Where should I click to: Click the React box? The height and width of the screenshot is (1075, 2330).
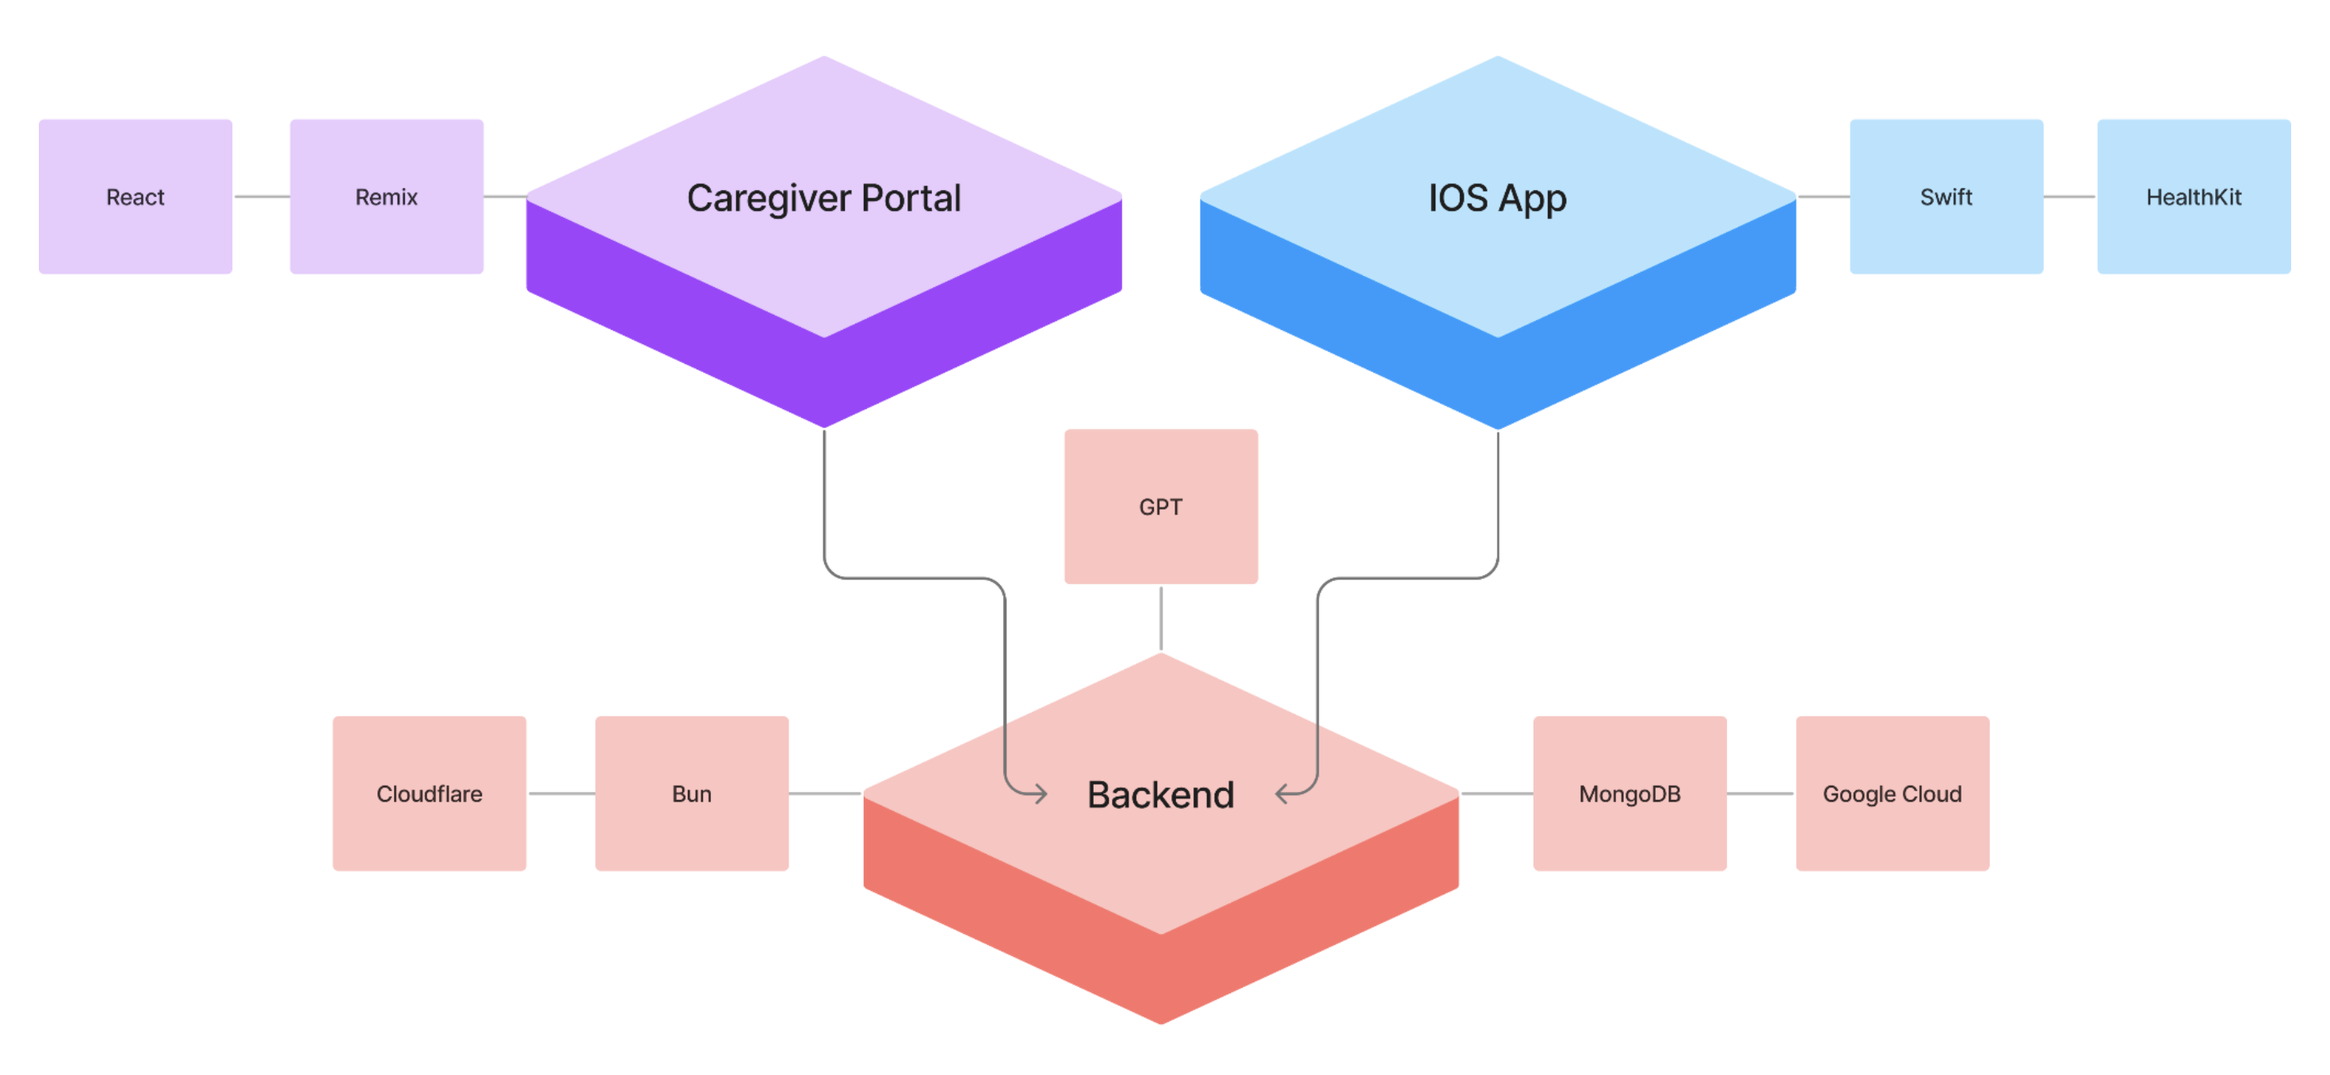(x=136, y=197)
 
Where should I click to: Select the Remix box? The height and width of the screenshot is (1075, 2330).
(x=386, y=197)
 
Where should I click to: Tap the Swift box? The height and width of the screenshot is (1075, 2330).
(x=1946, y=197)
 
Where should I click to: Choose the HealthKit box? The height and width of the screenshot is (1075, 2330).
(x=2194, y=197)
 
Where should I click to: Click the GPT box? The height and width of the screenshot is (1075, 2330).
(x=1160, y=506)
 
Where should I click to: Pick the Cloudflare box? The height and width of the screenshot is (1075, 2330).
(x=429, y=794)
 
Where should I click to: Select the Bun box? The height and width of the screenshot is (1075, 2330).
(x=691, y=794)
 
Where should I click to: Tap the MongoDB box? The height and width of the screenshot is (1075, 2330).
(x=1629, y=794)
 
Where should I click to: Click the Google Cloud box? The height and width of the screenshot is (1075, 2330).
(x=1893, y=794)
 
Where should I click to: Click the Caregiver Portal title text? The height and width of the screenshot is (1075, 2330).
(x=823, y=198)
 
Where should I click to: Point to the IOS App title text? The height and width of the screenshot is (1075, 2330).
(x=1497, y=198)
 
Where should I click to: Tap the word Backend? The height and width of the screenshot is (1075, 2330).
(x=1160, y=794)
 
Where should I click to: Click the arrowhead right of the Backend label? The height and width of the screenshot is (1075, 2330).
(x=1282, y=794)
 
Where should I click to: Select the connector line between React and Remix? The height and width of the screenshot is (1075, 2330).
(x=262, y=197)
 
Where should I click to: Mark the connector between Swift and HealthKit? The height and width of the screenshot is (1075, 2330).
(x=2069, y=197)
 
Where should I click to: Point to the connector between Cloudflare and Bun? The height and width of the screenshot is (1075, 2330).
(x=561, y=794)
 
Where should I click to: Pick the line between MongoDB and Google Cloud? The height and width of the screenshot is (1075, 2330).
(x=1760, y=794)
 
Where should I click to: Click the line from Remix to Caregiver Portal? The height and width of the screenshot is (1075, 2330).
(x=505, y=197)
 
